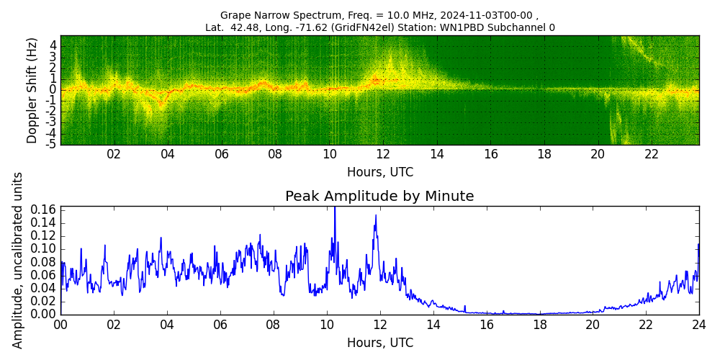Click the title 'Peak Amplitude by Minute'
[x=379, y=197]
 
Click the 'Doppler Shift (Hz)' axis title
[x=32, y=90]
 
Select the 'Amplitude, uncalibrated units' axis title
[x=18, y=260]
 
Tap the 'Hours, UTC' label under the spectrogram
[x=379, y=172]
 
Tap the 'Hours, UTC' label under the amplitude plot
[x=379, y=343]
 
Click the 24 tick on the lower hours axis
[x=698, y=325]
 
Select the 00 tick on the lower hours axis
[x=60, y=325]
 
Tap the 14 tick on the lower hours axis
[x=433, y=325]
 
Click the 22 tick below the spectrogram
[x=652, y=154]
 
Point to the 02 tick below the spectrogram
[x=114, y=154]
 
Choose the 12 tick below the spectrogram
[x=383, y=154]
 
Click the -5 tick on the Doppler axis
[x=52, y=144]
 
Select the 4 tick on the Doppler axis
[x=53, y=45]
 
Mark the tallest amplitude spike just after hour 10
[x=334, y=209]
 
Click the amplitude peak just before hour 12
[x=375, y=215]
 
